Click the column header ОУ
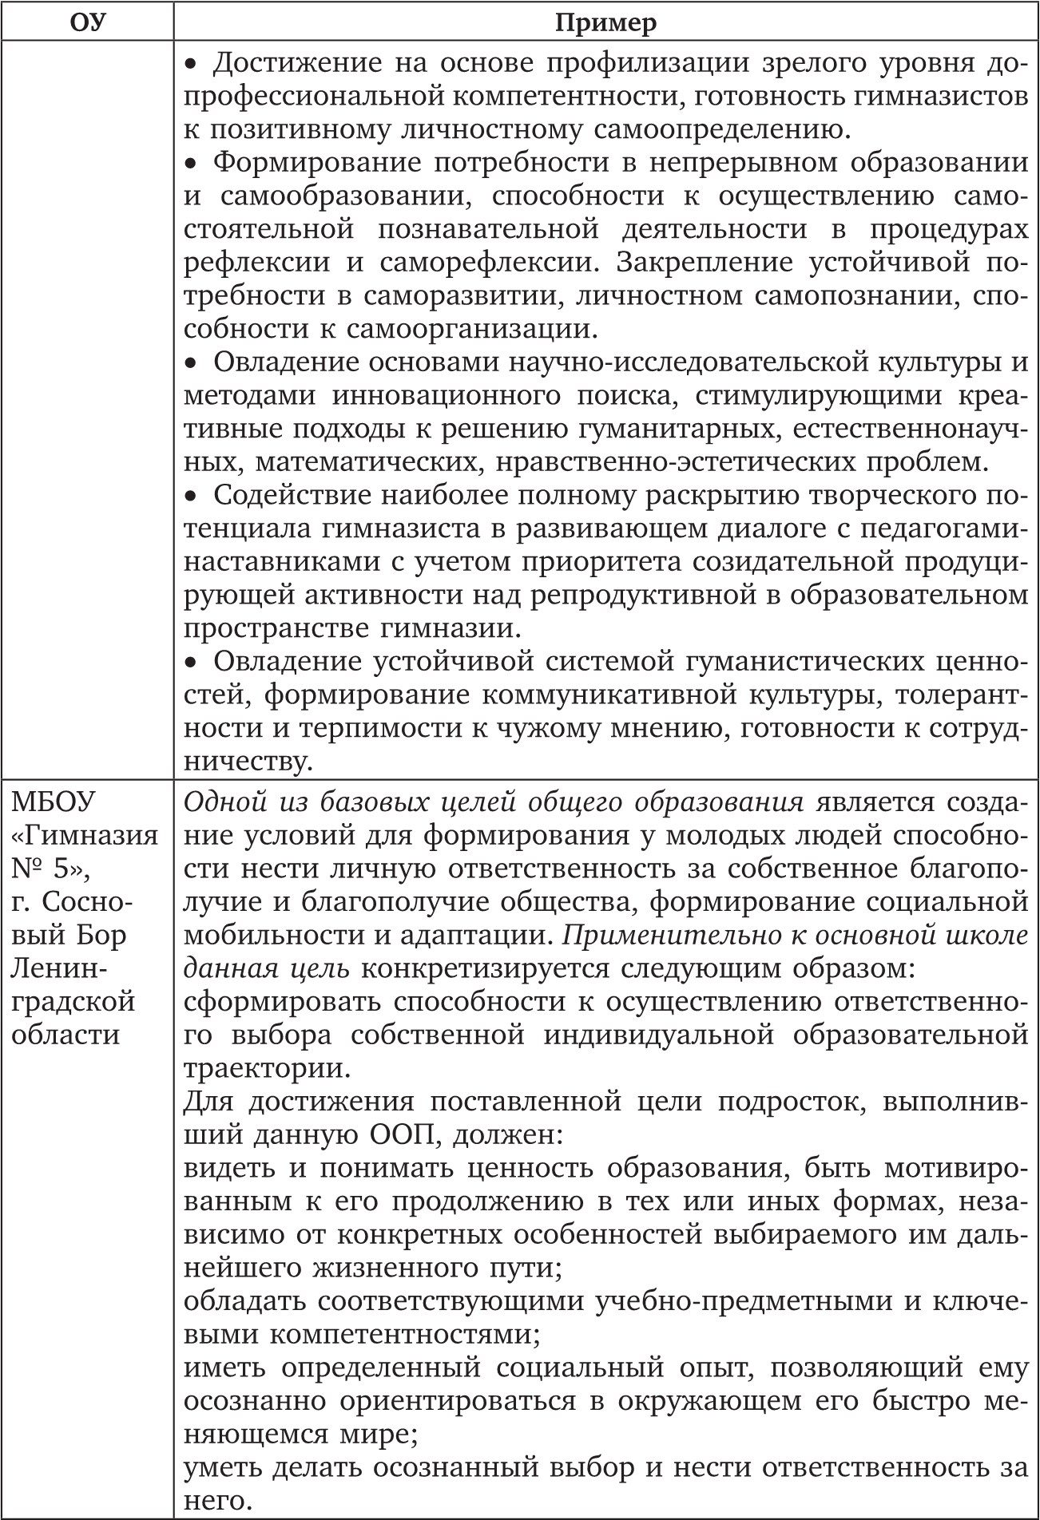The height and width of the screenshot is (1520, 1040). click(x=87, y=22)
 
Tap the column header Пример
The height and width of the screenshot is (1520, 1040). click(x=605, y=22)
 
